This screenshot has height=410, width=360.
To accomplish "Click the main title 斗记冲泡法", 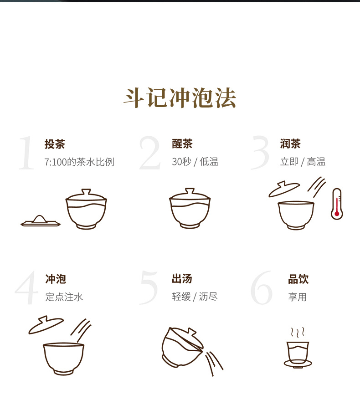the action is point(180,97).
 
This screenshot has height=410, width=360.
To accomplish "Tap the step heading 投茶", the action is point(55,144).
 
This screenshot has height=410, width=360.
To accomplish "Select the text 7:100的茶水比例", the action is point(79,162).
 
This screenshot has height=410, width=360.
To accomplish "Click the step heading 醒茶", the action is point(182,143).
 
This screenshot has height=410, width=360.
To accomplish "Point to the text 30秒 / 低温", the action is point(195,162).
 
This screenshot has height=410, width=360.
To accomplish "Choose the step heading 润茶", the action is point(290,143).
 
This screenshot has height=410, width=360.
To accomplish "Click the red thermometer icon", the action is point(337,204).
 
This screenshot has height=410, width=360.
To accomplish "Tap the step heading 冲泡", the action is point(56,279).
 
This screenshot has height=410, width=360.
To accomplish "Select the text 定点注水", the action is point(64,297).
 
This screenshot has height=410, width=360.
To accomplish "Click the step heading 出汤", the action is point(182,279).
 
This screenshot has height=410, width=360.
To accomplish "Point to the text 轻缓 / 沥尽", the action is point(195,297).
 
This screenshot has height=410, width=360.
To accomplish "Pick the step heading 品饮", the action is point(298,279).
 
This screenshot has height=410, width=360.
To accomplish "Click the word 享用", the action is point(298,297).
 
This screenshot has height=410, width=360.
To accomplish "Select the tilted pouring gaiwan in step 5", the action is point(183,347).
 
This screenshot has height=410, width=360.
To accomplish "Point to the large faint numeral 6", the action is point(262,287).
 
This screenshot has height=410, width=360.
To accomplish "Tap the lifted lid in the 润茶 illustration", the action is point(284,189).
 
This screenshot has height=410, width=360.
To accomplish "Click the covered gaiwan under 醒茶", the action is point(190,208).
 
